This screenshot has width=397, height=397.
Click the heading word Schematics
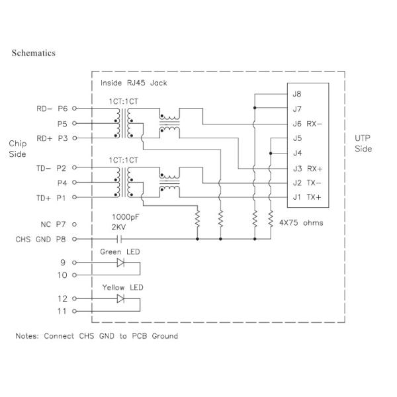pos(33,53)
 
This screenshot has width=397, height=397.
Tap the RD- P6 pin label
pos(52,107)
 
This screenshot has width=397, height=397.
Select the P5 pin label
pos(63,123)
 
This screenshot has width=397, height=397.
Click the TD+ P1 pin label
pos(52,197)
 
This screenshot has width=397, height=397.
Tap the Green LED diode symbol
pos(120,263)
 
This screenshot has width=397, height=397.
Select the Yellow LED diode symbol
pos(120,299)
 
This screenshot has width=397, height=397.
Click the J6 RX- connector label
pos(306,123)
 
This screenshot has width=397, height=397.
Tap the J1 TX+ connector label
pos(306,197)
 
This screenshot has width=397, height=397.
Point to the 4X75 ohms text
pos(301,223)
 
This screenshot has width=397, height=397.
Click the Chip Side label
pos(18,149)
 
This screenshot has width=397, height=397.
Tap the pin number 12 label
pos(64,298)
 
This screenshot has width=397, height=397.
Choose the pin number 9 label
pos(64,262)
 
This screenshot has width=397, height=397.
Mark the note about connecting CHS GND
pos(97,336)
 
